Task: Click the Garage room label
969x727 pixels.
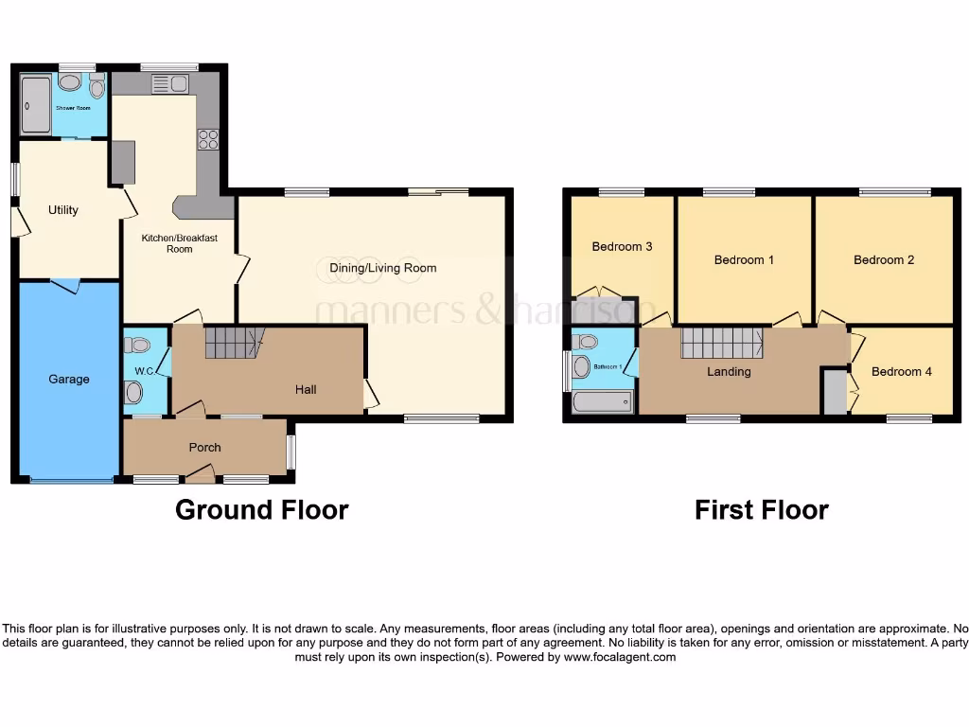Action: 69,380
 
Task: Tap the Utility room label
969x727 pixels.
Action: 63,210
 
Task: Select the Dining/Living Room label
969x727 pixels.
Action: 383,268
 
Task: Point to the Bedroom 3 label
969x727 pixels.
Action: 622,247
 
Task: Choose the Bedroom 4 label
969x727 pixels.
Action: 901,372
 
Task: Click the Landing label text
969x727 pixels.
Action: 729,372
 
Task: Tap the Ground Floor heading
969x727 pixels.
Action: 261,510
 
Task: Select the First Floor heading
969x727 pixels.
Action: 761,510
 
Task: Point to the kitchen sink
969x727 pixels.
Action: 170,84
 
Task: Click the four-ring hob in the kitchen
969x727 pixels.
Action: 207,139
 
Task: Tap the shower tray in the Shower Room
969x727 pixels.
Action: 35,105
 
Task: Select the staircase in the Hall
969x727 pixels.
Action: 232,342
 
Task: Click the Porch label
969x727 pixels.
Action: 204,448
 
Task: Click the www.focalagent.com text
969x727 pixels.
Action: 620,657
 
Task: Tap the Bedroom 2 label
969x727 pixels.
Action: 884,259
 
